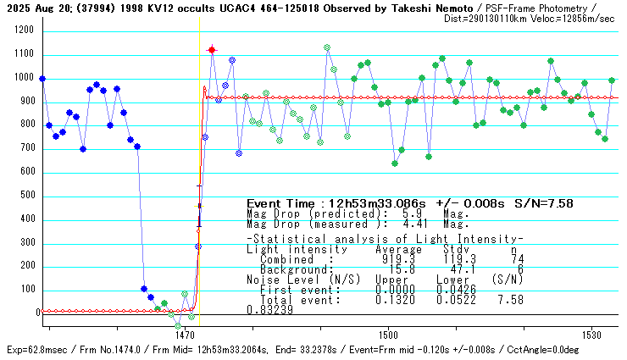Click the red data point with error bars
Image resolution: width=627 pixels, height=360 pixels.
click(x=212, y=50)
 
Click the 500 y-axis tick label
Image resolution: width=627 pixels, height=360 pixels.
click(x=25, y=196)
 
